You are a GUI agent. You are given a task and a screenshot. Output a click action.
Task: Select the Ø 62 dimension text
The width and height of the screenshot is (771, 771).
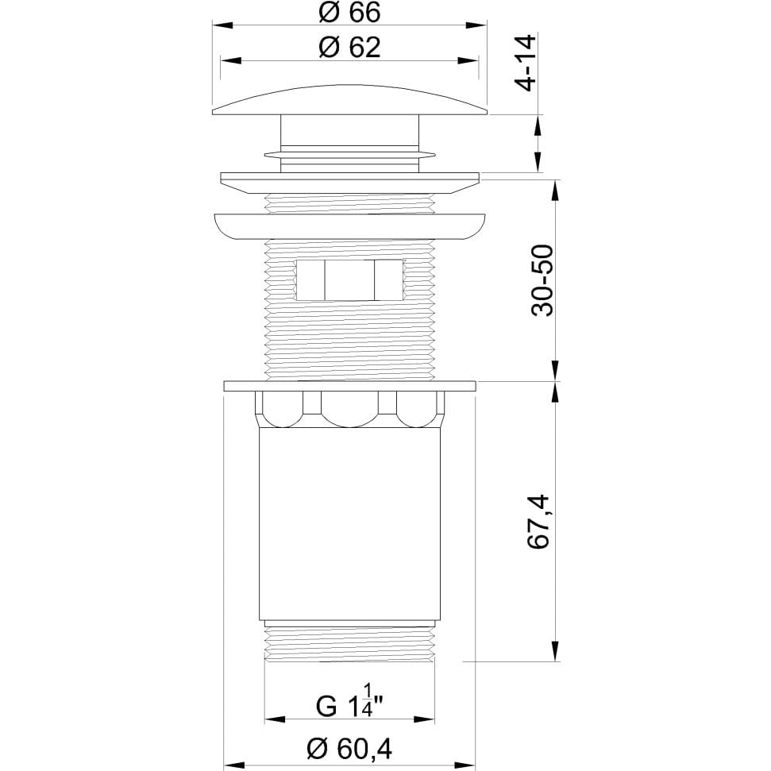(349, 47)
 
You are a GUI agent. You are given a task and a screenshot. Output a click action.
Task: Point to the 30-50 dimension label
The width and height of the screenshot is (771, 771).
(542, 280)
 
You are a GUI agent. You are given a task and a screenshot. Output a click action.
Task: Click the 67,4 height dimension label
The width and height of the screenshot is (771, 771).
(538, 522)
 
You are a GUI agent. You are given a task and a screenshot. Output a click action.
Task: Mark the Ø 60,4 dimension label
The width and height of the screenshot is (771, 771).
(349, 750)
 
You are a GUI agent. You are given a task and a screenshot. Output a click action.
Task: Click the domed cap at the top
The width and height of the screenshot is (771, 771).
(349, 100)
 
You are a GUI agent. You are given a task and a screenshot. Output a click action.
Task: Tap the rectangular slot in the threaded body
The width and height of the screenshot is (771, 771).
(349, 279)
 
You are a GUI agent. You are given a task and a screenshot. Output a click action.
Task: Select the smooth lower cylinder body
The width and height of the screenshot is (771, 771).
(349, 524)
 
